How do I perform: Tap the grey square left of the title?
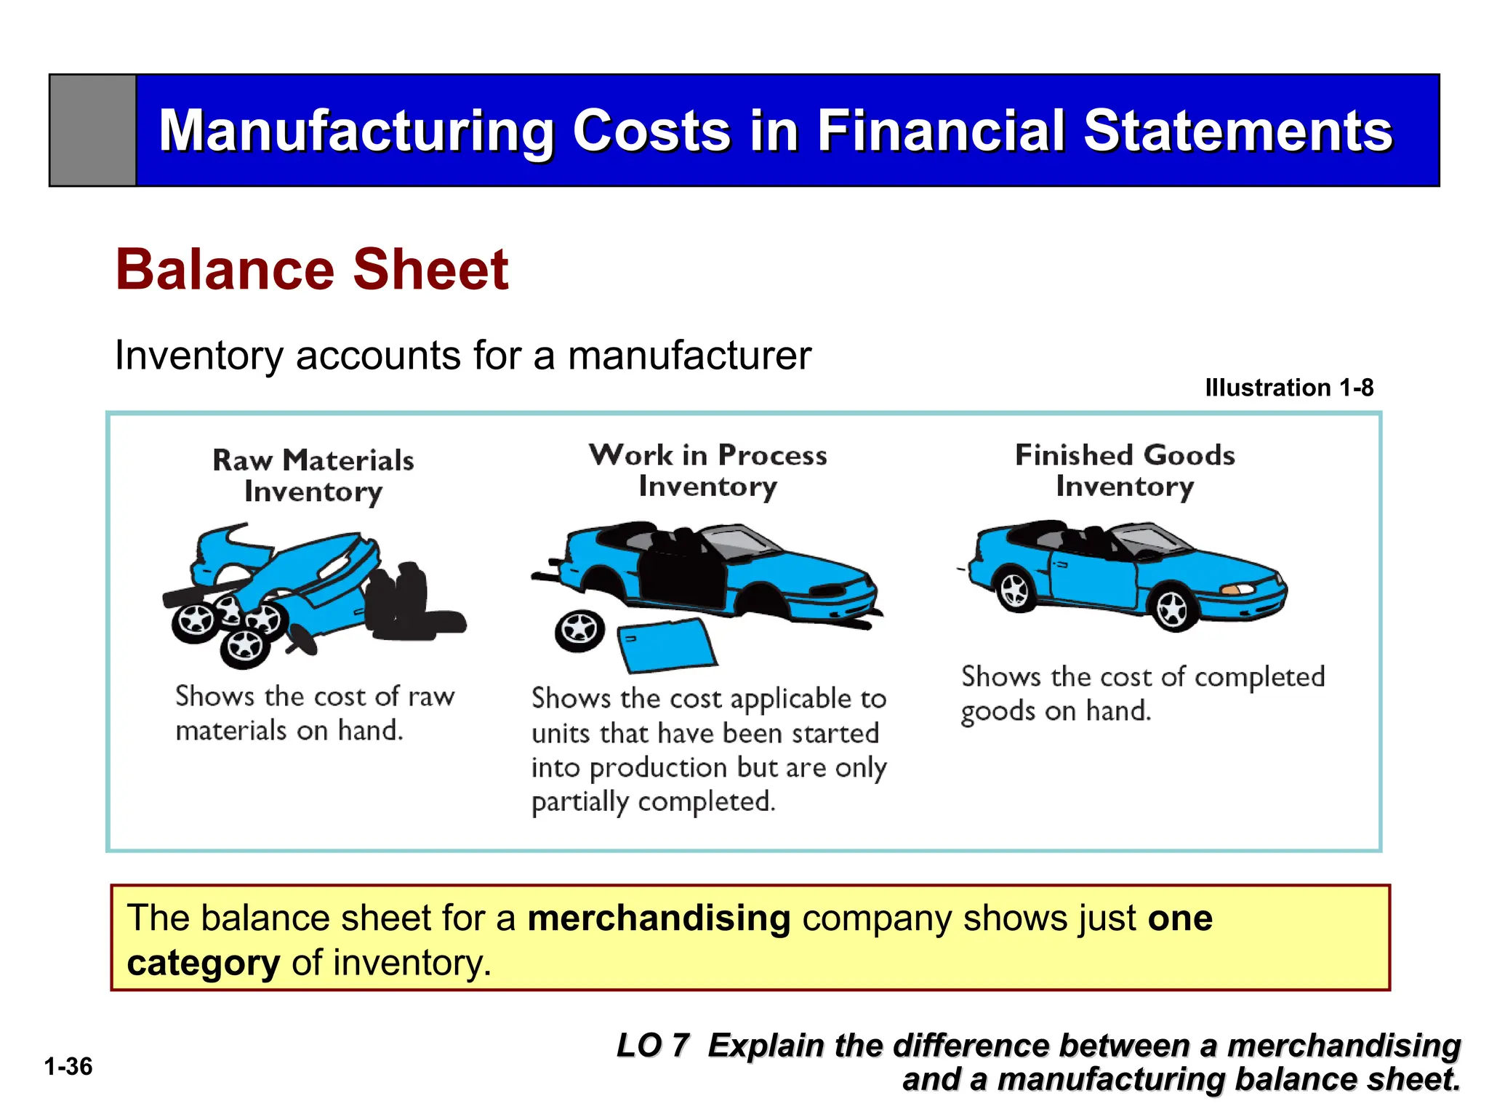(92, 131)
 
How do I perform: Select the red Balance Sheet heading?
(312, 270)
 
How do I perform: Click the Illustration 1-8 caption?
(1288, 388)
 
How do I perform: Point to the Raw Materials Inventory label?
(313, 476)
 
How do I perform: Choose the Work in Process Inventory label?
(707, 471)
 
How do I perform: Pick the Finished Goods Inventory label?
(1125, 471)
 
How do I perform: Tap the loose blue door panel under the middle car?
(667, 644)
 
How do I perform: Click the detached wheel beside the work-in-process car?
(579, 630)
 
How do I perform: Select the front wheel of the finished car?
(1172, 608)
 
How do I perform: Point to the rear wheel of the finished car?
(1016, 590)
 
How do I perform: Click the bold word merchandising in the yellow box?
(659, 918)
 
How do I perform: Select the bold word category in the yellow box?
(203, 963)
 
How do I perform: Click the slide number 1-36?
(68, 1067)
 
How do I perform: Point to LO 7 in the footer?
(652, 1046)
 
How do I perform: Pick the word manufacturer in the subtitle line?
(689, 356)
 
